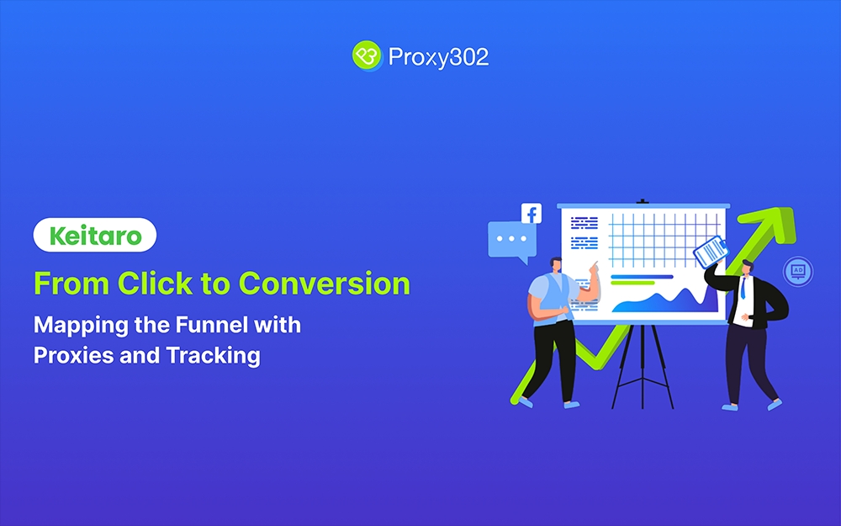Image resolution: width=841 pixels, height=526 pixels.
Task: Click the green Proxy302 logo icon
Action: click(367, 56)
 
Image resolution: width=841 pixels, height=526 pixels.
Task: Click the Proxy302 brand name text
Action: click(438, 57)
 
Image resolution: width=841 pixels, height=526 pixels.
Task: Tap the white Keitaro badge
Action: click(95, 235)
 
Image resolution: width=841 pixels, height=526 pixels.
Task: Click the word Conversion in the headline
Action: click(324, 284)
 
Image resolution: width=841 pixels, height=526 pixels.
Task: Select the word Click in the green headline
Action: click(155, 284)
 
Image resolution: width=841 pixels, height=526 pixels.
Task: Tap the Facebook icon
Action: click(532, 214)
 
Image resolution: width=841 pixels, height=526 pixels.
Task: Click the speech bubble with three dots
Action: click(511, 241)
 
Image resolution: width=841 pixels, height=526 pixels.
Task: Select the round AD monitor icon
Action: click(798, 272)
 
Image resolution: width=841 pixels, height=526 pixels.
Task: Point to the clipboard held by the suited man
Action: click(711, 251)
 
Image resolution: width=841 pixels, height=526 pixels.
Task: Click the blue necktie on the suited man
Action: click(743, 289)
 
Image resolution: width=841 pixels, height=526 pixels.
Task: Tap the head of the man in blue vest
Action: click(556, 264)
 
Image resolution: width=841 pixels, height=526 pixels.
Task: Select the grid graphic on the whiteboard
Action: click(664, 239)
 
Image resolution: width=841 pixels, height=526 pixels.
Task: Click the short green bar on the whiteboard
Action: click(633, 283)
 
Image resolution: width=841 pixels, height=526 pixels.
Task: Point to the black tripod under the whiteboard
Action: click(643, 367)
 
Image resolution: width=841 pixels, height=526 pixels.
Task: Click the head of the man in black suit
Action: click(747, 267)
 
